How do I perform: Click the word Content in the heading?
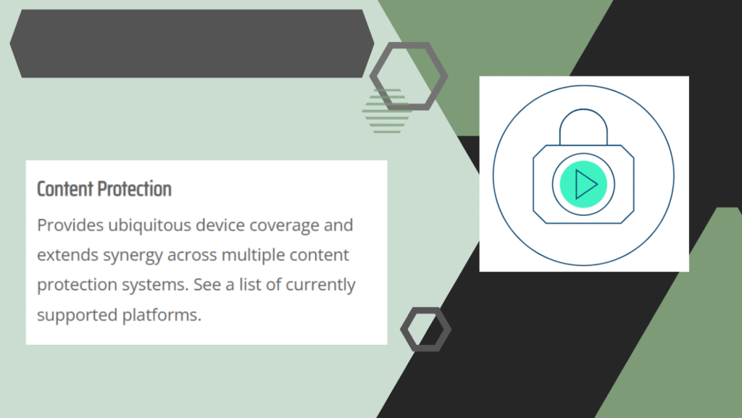pos(65,189)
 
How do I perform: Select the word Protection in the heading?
pos(135,189)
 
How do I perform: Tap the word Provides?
pos(70,225)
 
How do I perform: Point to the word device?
pos(220,225)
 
